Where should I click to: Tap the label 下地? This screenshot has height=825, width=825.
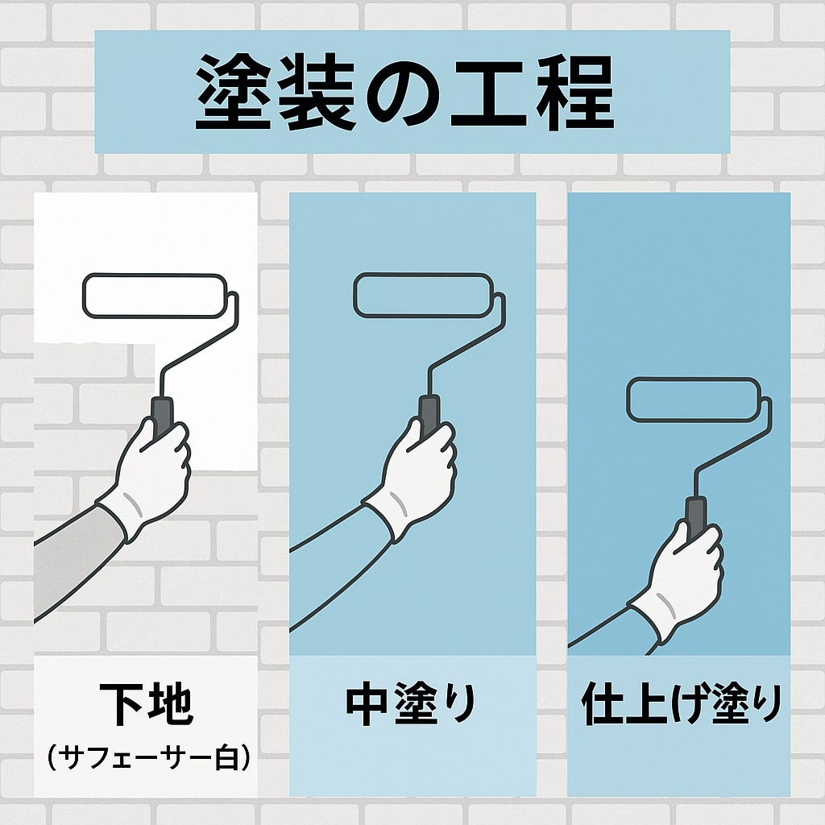point(146,703)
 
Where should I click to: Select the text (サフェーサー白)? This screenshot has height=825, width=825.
point(146,757)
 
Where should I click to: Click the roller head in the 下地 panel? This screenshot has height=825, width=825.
point(155,295)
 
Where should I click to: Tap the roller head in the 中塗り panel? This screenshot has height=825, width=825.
point(422,295)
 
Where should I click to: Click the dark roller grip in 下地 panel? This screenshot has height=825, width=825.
point(162,414)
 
